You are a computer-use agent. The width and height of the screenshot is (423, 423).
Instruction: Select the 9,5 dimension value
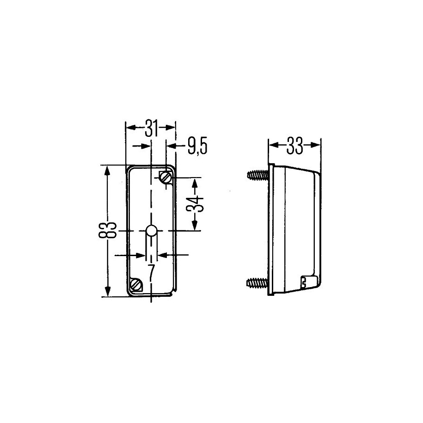click(x=197, y=147)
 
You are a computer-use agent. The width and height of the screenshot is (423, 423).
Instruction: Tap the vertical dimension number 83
click(x=107, y=230)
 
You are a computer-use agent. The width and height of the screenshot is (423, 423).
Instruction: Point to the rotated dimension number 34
click(x=195, y=204)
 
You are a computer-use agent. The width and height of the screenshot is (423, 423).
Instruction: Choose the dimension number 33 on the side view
click(x=294, y=146)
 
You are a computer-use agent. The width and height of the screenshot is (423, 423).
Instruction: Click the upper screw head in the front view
click(x=165, y=177)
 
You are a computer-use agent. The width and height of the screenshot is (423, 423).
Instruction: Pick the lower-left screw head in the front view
click(x=135, y=284)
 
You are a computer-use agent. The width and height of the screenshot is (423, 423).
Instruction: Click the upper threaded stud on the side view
click(x=258, y=175)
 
